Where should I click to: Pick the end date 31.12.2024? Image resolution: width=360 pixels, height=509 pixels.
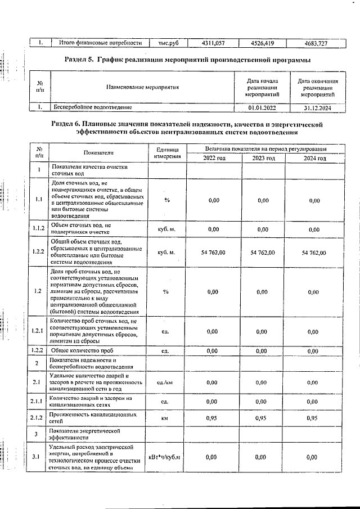[314, 106]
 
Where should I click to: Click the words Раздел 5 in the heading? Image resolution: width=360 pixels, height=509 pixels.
[80, 60]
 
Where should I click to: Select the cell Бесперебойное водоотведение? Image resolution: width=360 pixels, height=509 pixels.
[92, 106]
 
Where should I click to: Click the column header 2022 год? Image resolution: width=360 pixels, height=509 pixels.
[213, 158]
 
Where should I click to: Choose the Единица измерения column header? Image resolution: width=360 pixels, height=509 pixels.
[167, 153]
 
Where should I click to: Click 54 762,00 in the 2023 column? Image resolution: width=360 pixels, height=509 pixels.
[263, 253]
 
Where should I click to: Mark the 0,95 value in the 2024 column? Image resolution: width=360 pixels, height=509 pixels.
[314, 418]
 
